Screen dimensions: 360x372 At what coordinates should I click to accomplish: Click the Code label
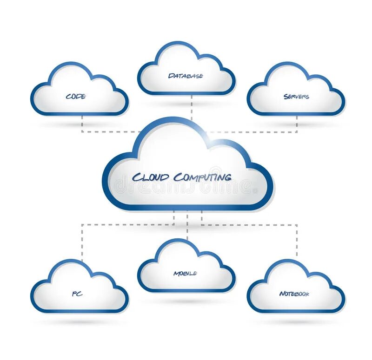pyautogui.click(x=76, y=97)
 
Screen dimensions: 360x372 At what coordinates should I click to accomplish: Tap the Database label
pyautogui.click(x=186, y=76)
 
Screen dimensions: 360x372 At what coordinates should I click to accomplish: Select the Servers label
pyautogui.click(x=296, y=97)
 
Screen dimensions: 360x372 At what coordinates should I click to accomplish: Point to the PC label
pyautogui.click(x=77, y=294)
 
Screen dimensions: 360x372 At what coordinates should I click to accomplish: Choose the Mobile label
pyautogui.click(x=185, y=273)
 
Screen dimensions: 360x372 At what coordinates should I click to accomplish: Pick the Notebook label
pyautogui.click(x=294, y=294)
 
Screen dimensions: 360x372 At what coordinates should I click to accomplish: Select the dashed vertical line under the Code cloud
pyautogui.click(x=82, y=124)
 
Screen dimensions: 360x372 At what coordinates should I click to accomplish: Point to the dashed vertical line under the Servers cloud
pyautogui.click(x=297, y=124)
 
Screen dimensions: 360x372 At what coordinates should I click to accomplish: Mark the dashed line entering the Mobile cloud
pyautogui.click(x=187, y=230)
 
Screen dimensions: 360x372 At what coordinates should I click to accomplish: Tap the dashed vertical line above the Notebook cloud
pyautogui.click(x=297, y=242)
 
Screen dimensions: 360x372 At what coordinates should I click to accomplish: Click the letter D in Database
pyautogui.click(x=171, y=76)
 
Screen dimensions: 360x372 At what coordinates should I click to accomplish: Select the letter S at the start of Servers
pyautogui.click(x=286, y=97)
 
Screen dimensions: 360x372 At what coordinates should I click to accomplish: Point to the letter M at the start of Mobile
pyautogui.click(x=176, y=273)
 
